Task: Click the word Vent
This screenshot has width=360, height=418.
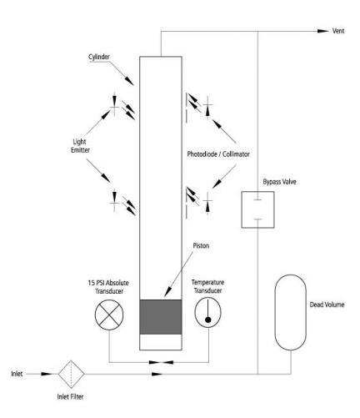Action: (338, 31)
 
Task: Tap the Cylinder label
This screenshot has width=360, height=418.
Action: (99, 57)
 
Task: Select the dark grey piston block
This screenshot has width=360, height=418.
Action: (161, 317)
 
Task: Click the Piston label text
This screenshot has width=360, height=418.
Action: (201, 245)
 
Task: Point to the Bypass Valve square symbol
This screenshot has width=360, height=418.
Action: (257, 209)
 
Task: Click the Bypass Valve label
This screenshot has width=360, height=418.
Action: (279, 182)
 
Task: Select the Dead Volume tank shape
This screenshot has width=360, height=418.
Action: (291, 312)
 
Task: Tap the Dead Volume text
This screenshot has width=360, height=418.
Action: (327, 305)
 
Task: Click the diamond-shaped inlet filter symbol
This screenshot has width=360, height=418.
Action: (71, 374)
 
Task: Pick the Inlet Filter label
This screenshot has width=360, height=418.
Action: (70, 396)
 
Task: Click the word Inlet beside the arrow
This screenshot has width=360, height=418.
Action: (17, 374)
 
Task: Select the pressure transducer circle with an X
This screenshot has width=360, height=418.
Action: (109, 315)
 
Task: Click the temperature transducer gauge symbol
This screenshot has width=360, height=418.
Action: (207, 312)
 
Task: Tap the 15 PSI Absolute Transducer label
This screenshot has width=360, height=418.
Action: (108, 287)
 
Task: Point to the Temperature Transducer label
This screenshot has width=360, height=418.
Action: (207, 286)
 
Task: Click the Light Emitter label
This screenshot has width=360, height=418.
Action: (80, 146)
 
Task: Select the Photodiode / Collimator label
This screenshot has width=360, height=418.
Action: (218, 154)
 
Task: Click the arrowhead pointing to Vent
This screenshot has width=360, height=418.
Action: (323, 31)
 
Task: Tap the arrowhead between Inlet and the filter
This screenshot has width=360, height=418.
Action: (46, 374)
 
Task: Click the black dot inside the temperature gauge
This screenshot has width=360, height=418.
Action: (208, 320)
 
